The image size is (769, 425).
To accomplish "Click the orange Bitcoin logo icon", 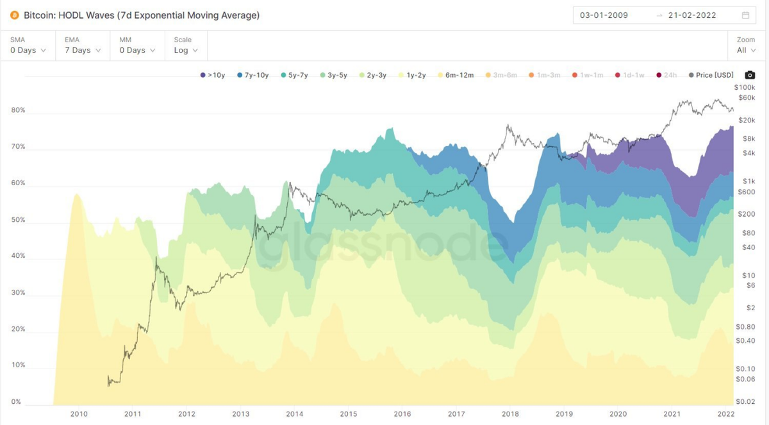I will click(x=15, y=15).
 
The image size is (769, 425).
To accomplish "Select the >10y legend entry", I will click(x=212, y=75).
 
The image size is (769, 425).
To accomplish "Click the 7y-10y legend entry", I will click(x=252, y=75).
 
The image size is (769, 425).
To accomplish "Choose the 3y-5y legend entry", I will click(x=333, y=75).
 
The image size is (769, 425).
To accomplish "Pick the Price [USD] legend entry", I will click(x=711, y=75).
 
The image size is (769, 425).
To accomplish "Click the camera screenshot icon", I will click(x=749, y=75).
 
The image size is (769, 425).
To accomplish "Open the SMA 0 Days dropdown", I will click(x=28, y=50).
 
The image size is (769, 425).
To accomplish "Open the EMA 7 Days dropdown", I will click(x=82, y=50).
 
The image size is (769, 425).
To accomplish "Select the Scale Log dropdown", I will click(x=185, y=50).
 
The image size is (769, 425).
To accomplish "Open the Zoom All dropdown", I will click(x=745, y=50).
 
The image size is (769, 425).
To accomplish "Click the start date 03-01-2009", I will click(x=604, y=15).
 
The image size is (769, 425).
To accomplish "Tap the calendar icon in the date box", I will click(x=745, y=15).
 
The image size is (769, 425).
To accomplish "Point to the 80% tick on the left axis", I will click(x=18, y=110).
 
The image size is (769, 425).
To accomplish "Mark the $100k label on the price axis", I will click(x=745, y=87).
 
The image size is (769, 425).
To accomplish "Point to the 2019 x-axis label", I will click(x=564, y=414).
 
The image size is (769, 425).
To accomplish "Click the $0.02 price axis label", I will click(x=745, y=402).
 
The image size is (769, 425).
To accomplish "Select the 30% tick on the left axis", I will click(x=18, y=293).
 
